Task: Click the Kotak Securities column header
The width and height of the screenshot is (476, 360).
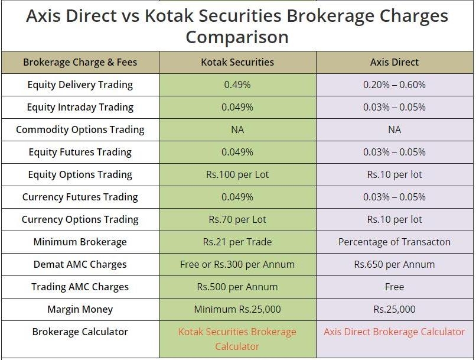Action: (x=237, y=62)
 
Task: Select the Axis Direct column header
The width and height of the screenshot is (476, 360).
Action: (x=395, y=62)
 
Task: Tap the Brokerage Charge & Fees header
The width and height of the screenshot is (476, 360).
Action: (x=80, y=62)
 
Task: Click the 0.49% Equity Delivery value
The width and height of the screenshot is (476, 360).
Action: (x=237, y=85)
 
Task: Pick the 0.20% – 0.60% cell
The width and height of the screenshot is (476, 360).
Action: (x=395, y=85)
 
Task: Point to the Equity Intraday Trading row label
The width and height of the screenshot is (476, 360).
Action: (x=80, y=107)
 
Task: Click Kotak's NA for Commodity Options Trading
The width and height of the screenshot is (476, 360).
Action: (x=237, y=129)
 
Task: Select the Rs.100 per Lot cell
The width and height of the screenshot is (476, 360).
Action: (x=237, y=175)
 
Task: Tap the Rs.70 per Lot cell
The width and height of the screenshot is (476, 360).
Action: (x=237, y=220)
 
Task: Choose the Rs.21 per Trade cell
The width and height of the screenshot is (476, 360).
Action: (x=237, y=242)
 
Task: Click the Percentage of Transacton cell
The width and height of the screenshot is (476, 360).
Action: (x=395, y=242)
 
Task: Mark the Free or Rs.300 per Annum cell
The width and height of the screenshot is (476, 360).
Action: (x=237, y=265)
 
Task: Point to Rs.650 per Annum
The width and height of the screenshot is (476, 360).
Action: (x=395, y=265)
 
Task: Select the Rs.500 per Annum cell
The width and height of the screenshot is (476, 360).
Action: (x=237, y=287)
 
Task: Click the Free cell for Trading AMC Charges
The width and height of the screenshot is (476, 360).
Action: (x=395, y=287)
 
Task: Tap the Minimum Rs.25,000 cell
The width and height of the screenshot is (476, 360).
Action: (x=237, y=310)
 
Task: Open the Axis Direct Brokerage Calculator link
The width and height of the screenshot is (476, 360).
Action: (x=395, y=332)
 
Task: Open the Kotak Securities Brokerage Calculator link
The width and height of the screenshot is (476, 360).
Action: (x=237, y=339)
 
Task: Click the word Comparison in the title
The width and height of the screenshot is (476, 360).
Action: (x=237, y=38)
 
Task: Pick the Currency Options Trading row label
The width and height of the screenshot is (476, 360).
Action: (x=80, y=220)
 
